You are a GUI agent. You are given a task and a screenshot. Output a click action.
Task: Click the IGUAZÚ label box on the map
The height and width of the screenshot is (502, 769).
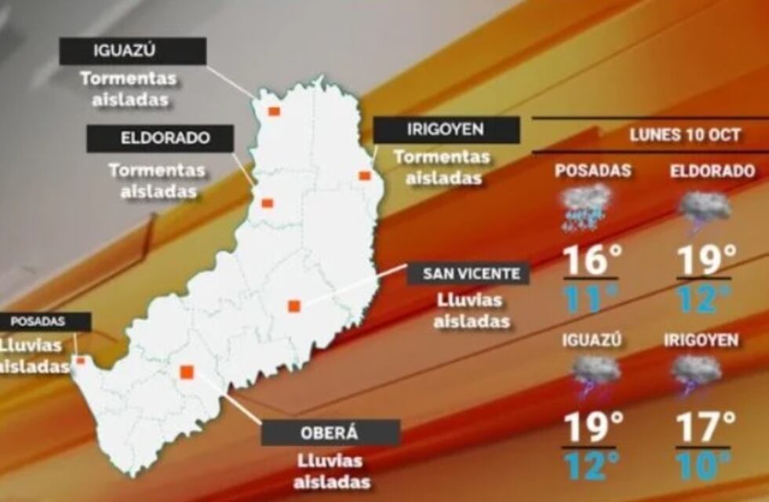click(133, 52)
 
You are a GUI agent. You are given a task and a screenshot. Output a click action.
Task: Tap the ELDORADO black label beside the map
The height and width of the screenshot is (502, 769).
click(160, 138)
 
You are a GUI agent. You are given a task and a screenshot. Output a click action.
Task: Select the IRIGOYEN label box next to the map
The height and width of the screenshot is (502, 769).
click(446, 129)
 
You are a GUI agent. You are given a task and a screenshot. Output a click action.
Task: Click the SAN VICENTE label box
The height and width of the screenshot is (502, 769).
click(468, 274)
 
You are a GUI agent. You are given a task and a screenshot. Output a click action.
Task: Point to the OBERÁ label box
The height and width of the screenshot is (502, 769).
click(330, 432)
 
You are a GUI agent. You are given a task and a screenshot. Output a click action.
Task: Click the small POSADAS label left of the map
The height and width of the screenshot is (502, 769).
click(39, 321)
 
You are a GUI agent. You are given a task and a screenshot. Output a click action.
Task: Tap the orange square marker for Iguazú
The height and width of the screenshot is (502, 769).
click(274, 111)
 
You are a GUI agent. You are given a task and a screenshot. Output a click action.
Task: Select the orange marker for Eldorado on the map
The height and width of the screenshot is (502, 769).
click(267, 203)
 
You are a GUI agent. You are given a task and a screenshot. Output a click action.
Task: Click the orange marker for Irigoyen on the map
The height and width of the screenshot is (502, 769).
click(364, 176)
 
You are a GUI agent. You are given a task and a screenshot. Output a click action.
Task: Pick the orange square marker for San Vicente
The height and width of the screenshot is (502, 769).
click(294, 306)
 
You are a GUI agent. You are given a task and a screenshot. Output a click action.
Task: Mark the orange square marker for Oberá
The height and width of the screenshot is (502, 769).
click(187, 372)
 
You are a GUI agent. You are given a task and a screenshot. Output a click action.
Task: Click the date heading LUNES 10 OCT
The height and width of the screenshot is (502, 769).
click(685, 135)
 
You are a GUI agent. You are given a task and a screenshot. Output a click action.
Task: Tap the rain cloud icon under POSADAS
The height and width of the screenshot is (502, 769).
click(586, 206)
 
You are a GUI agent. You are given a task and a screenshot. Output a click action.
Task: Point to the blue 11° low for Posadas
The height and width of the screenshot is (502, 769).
click(589, 299)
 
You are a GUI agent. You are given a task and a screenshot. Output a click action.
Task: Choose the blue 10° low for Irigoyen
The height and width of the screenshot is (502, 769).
click(704, 466)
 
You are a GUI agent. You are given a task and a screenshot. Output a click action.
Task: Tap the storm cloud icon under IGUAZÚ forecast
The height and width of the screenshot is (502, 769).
click(596, 374)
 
